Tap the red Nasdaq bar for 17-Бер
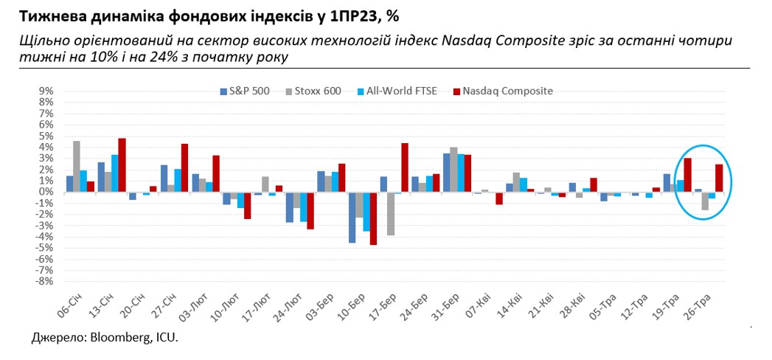point(405,167)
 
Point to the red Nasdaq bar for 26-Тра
point(719,178)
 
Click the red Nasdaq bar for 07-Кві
point(499,198)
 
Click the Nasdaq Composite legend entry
point(503,91)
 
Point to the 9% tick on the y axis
point(46,91)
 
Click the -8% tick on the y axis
point(45,281)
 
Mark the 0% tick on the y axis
point(46,192)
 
